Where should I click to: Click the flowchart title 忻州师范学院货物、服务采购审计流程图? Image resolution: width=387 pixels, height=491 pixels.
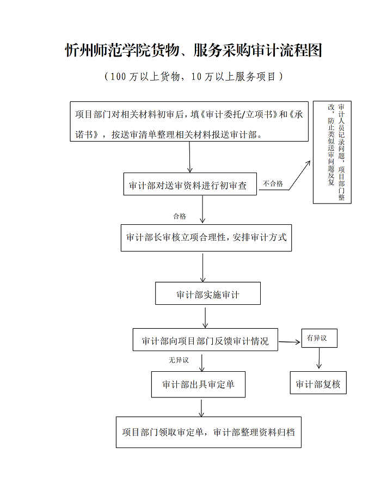193,51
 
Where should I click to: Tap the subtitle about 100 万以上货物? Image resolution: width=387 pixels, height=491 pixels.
193,77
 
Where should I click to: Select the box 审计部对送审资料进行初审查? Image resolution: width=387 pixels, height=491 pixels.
188,186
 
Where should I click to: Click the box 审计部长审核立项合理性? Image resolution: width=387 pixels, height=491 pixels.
206,238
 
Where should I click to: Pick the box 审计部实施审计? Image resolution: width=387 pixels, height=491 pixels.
207,294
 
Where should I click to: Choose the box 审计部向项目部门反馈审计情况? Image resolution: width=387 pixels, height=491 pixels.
205,341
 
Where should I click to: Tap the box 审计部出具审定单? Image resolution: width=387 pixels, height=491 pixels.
198,384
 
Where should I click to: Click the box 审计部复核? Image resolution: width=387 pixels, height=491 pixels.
318,384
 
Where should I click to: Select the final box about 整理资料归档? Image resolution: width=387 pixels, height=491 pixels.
208,432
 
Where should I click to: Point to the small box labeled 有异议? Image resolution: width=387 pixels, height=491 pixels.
320,339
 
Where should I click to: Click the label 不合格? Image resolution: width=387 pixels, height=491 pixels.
273,184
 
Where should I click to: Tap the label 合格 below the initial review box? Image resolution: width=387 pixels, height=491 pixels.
180,217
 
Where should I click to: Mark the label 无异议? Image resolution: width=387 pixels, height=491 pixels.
178,360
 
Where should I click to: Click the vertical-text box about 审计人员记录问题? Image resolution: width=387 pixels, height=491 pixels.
331,152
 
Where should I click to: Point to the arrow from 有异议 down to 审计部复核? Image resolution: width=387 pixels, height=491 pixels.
319,359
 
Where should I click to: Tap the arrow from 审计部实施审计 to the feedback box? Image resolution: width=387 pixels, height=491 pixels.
205,316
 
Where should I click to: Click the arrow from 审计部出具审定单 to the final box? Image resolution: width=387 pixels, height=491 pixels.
202,407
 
